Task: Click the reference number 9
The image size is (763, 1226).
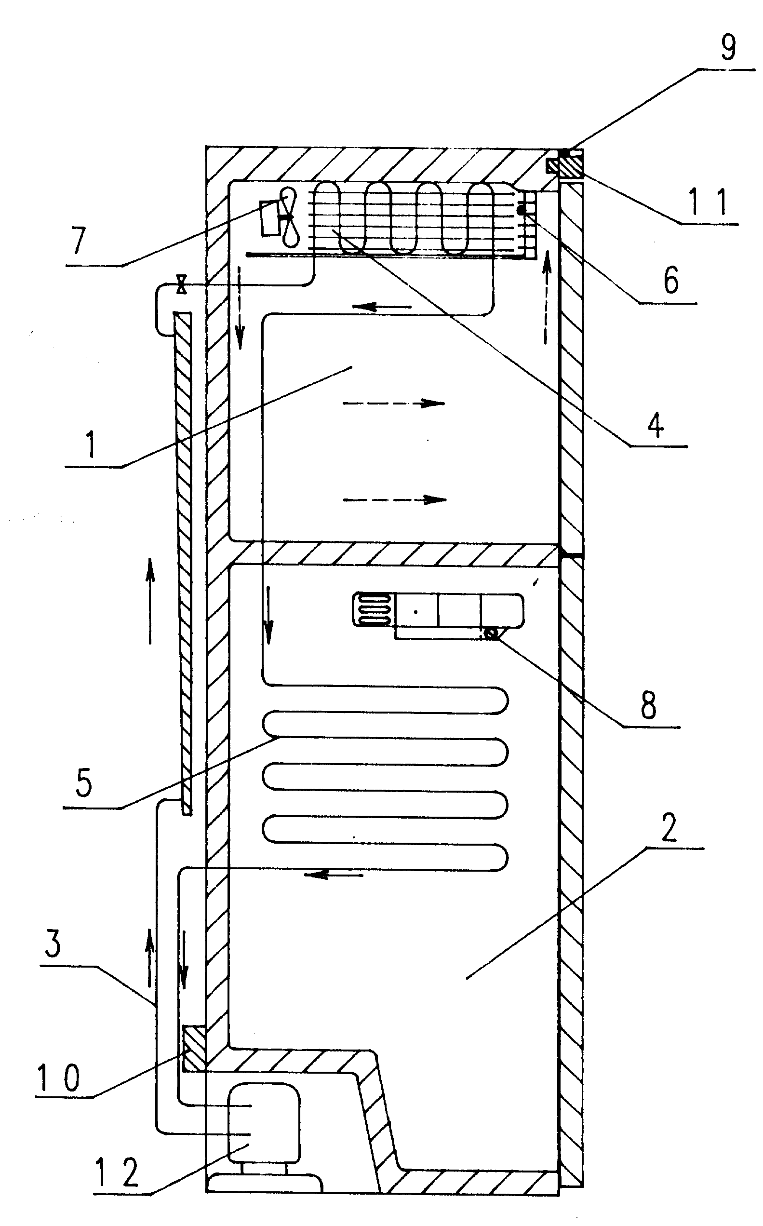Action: (728, 47)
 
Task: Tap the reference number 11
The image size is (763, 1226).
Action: (708, 202)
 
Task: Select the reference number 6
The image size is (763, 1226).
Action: (670, 281)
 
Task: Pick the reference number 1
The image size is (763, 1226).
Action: (91, 445)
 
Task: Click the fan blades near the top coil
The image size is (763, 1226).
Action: (289, 217)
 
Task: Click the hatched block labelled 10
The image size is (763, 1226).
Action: (194, 1048)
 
